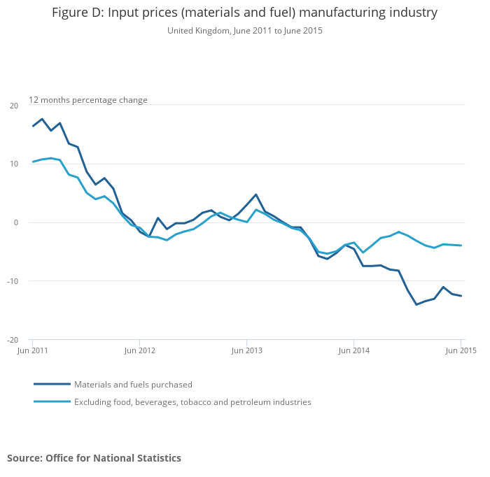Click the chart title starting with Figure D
click(x=244, y=13)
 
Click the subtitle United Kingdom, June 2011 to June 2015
click(x=244, y=31)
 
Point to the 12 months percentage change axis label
click(x=88, y=100)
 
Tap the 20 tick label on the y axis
click(x=14, y=106)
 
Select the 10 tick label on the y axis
click(x=14, y=164)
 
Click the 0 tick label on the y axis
click(x=16, y=222)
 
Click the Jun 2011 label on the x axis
click(x=33, y=350)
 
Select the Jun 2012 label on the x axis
click(x=140, y=350)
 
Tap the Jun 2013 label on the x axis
click(x=247, y=350)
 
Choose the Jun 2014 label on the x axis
click(x=354, y=350)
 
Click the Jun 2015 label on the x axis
click(x=461, y=350)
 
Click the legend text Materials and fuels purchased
click(x=133, y=385)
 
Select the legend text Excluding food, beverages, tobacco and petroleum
click(x=192, y=402)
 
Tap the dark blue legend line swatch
click(x=52, y=384)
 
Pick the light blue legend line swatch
click(x=52, y=401)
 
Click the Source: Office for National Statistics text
click(x=94, y=458)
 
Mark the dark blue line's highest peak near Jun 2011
click(x=42, y=119)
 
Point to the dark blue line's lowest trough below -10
click(x=416, y=304)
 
